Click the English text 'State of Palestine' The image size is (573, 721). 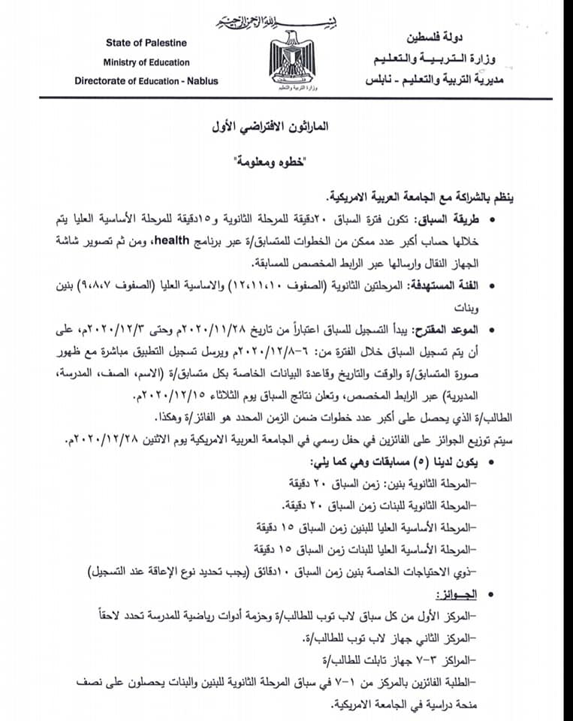pyautogui.click(x=146, y=43)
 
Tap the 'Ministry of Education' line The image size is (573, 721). pyautogui.click(x=146, y=62)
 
